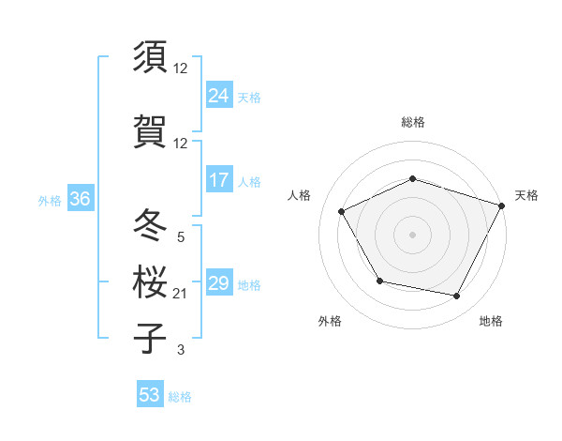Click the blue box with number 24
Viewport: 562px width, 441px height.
pyautogui.click(x=219, y=95)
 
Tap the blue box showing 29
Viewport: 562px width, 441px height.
pyautogui.click(x=219, y=283)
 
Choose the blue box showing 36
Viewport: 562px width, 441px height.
pyautogui.click(x=80, y=199)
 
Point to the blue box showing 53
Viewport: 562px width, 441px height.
pyautogui.click(x=150, y=395)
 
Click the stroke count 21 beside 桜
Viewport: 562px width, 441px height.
pyautogui.click(x=181, y=294)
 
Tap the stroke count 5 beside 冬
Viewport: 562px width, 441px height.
pyautogui.click(x=181, y=237)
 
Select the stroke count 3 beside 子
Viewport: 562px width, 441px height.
pyautogui.click(x=181, y=350)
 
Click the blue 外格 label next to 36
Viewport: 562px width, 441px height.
pyautogui.click(x=50, y=200)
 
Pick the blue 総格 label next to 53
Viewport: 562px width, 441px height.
pyautogui.click(x=180, y=396)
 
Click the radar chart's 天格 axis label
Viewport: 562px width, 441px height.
pyautogui.click(x=526, y=195)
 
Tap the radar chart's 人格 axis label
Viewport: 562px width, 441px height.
pyautogui.click(x=299, y=195)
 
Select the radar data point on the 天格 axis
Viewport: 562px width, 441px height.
pyautogui.click(x=503, y=205)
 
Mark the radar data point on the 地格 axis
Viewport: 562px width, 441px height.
pyautogui.click(x=457, y=297)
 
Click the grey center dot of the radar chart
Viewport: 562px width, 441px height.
pyautogui.click(x=412, y=234)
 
